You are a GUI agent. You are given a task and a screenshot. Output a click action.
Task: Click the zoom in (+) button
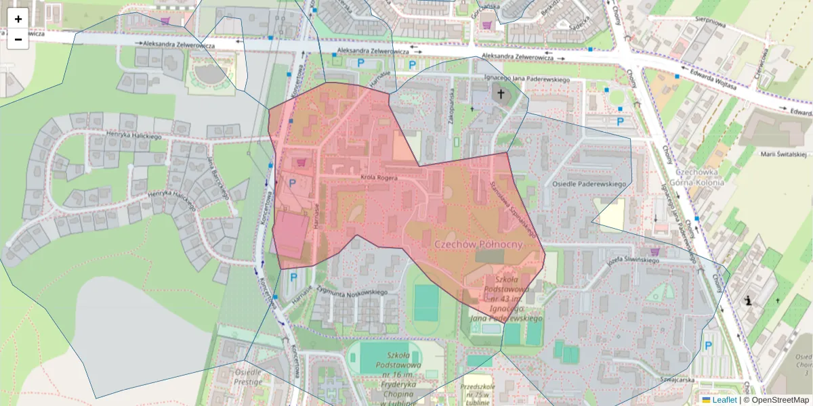(18, 19)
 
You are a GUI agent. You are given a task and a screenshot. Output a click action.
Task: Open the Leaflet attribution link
(724, 400)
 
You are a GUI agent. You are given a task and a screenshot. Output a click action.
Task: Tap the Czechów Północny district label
(478, 244)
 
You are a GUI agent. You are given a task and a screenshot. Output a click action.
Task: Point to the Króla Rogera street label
(379, 178)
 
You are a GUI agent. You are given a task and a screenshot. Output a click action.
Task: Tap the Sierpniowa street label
(711, 21)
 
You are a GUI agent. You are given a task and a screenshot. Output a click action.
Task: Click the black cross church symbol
(501, 94)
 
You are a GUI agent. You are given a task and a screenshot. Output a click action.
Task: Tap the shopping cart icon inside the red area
(301, 162)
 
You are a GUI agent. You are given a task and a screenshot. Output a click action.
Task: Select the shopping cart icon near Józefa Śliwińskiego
(654, 252)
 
